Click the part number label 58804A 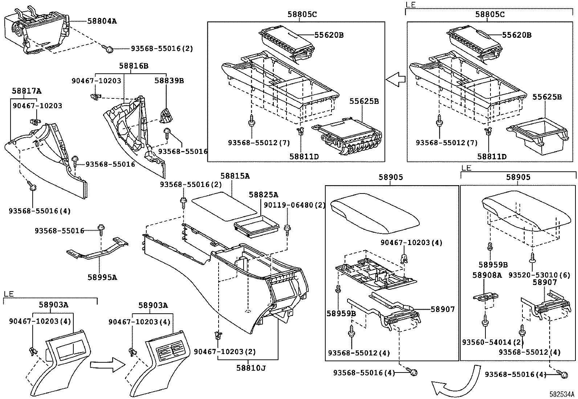click(x=102, y=21)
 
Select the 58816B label click(x=134, y=66)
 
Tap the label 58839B click(x=169, y=81)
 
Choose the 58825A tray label click(x=263, y=195)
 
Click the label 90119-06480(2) click(x=294, y=205)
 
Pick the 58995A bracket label click(x=102, y=277)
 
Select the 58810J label click(x=251, y=368)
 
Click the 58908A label click(x=487, y=275)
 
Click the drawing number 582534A click(x=562, y=394)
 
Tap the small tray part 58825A click(x=257, y=226)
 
